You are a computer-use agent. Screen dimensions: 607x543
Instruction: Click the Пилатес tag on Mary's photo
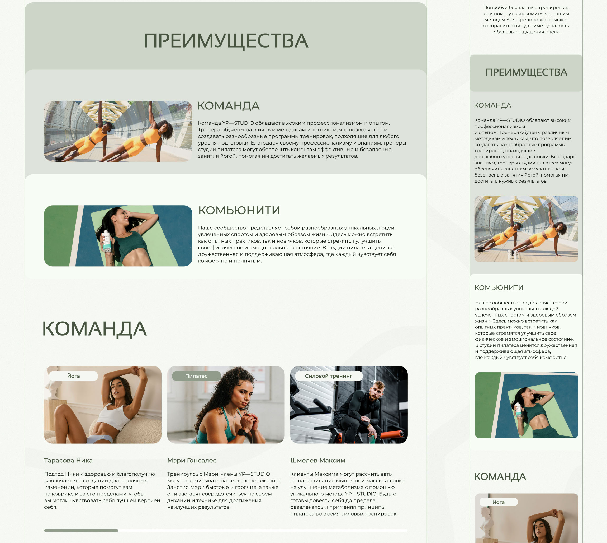(196, 376)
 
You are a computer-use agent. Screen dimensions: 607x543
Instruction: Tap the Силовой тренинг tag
(329, 376)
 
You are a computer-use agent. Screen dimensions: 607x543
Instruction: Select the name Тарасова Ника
(68, 460)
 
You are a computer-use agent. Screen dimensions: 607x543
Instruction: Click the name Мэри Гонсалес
(192, 460)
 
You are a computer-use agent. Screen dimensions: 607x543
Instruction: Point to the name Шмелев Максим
(318, 460)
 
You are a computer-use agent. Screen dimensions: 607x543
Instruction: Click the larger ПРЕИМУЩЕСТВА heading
(226, 41)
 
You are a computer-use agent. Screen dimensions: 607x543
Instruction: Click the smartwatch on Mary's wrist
(242, 432)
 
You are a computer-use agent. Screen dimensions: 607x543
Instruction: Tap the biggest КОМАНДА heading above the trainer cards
(94, 329)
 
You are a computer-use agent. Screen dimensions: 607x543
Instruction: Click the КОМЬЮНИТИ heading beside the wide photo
(239, 210)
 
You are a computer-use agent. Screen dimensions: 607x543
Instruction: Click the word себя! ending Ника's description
(51, 507)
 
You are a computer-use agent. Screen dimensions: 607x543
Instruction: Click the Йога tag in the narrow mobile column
(499, 502)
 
